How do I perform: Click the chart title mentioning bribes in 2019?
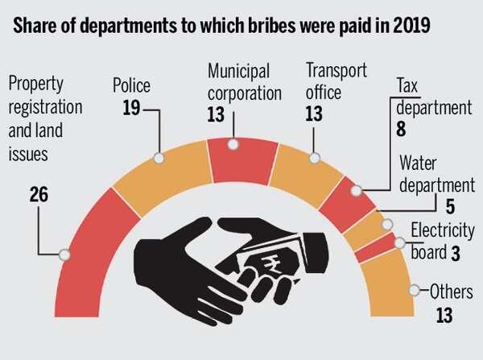point(221,24)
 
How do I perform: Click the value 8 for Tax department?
point(400,128)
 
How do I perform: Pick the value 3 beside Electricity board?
point(455,253)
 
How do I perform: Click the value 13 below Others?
point(444,316)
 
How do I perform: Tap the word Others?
point(451,292)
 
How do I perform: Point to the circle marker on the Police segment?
point(159,158)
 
